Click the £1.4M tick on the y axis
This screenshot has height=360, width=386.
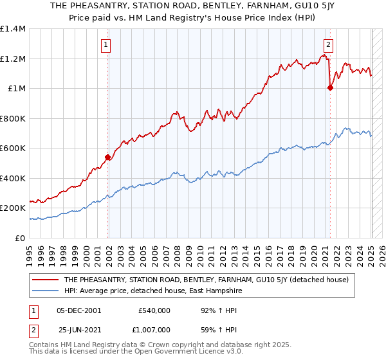point(14,29)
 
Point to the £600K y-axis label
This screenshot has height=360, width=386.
point(14,148)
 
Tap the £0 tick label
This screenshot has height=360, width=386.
point(21,238)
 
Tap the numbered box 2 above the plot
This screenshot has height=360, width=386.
point(328,45)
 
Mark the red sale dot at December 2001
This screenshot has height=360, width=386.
point(107,157)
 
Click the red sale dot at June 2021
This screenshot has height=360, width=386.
point(331,88)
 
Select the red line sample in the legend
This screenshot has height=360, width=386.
point(46,280)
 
